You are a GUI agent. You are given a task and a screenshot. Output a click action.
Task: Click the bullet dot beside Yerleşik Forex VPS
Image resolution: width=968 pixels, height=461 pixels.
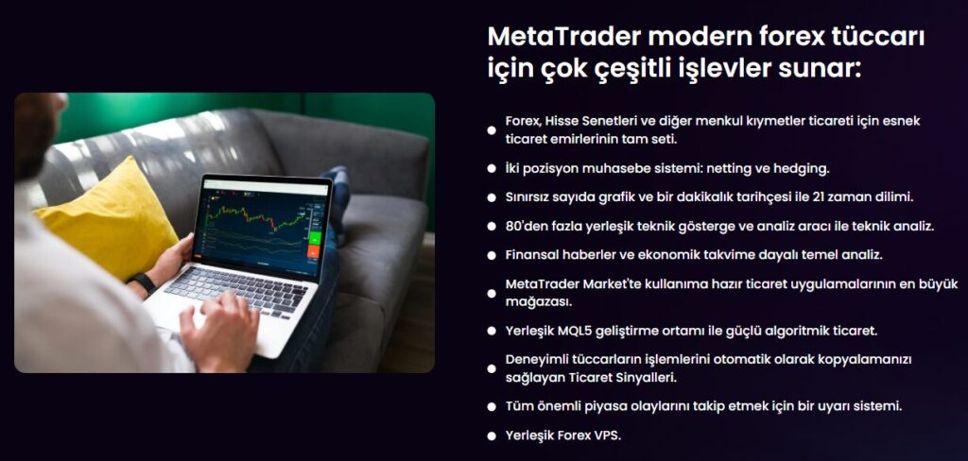(x=492, y=435)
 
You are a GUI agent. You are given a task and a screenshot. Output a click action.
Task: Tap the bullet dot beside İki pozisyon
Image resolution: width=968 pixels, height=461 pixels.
(x=492, y=168)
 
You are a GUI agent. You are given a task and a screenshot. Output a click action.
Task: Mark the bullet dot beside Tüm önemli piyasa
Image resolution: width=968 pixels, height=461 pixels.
(x=492, y=407)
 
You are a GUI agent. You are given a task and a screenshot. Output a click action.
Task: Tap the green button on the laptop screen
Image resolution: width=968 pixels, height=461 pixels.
(x=314, y=238)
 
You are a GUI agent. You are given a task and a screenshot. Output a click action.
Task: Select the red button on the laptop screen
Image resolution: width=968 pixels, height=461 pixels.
(x=314, y=252)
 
